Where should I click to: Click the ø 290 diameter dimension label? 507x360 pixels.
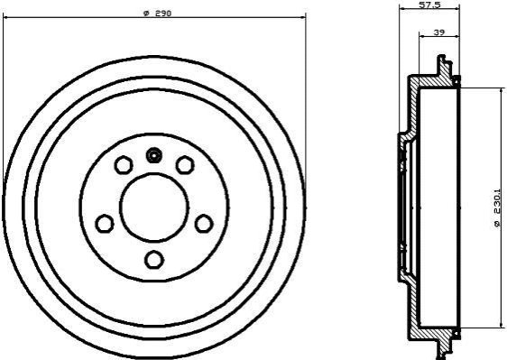coord(157,14)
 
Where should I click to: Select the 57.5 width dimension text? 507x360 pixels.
coord(429,5)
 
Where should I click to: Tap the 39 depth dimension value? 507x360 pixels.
coord(438,32)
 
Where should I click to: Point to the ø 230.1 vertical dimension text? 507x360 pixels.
coord(500,208)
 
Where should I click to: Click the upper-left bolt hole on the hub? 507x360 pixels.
coord(124,164)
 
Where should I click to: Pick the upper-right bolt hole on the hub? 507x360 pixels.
coord(185,164)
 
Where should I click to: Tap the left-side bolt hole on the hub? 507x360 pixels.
coord(105,223)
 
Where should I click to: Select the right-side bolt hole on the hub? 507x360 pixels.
coord(204,224)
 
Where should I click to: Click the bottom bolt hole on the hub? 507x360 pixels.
coord(154,260)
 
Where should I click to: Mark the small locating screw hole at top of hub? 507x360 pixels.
coord(154,155)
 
